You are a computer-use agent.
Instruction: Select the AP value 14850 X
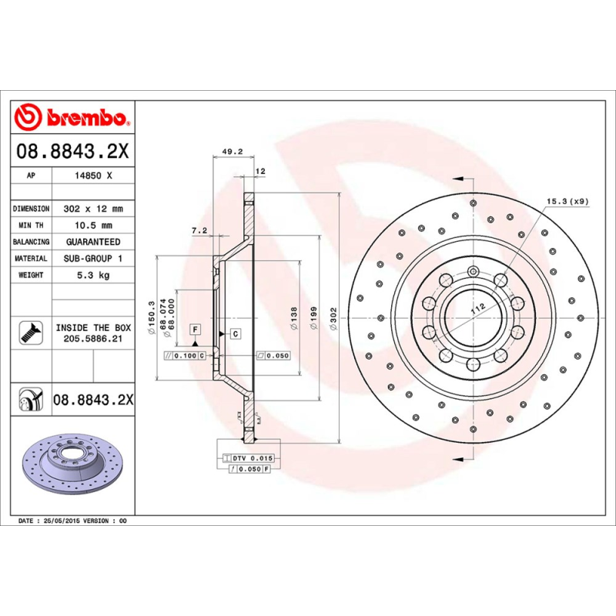(x=93, y=176)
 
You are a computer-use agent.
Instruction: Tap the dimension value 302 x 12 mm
(x=93, y=209)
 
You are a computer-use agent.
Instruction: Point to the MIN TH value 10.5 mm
(x=93, y=226)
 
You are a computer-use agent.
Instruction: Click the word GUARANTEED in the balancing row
(x=93, y=242)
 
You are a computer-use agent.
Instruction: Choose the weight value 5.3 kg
(x=93, y=275)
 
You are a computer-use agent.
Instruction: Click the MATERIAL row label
(x=31, y=259)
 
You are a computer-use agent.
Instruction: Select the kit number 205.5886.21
(x=93, y=338)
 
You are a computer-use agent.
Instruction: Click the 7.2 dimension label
(x=199, y=229)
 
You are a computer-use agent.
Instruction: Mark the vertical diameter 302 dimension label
(x=333, y=318)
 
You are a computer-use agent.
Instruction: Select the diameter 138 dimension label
(x=293, y=318)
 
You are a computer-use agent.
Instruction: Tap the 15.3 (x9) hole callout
(x=567, y=202)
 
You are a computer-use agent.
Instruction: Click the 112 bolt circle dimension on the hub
(x=477, y=309)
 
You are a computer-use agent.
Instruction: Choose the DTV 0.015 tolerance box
(x=253, y=458)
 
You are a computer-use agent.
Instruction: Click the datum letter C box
(x=234, y=333)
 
